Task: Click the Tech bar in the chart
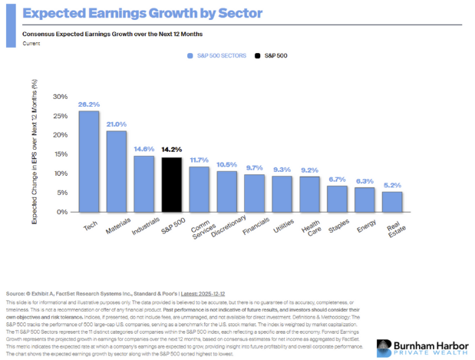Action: pyautogui.click(x=90, y=161)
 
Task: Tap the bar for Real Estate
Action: pyautogui.click(x=391, y=202)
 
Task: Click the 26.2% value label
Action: pyautogui.click(x=90, y=104)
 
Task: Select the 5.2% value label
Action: pyautogui.click(x=391, y=185)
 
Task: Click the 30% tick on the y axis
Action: pyautogui.click(x=60, y=97)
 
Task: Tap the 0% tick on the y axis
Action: pyautogui.click(x=62, y=212)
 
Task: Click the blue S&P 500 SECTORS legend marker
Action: pyautogui.click(x=188, y=56)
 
